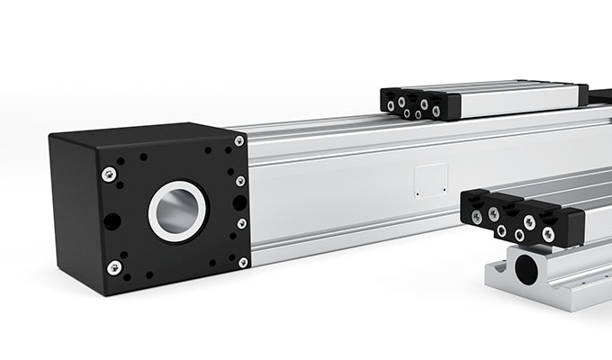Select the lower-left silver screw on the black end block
click(x=114, y=267)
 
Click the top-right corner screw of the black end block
click(x=238, y=141)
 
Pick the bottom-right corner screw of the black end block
click(x=243, y=262)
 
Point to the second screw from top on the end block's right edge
click(x=240, y=181)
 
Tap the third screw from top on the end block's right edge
click(x=241, y=223)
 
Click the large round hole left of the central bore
click(x=112, y=220)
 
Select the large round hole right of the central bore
click(x=238, y=202)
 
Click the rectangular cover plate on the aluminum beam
click(x=429, y=179)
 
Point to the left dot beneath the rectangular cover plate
click(x=418, y=193)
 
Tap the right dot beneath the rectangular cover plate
click(x=443, y=192)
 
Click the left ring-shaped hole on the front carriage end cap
click(x=500, y=231)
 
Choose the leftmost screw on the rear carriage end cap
click(x=391, y=105)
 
